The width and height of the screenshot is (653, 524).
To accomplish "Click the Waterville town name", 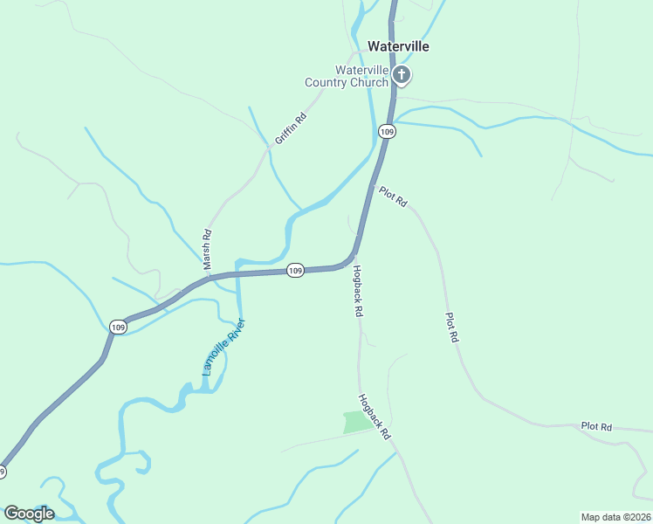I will pyautogui.click(x=398, y=46).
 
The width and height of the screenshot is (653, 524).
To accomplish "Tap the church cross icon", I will pyautogui.click(x=402, y=75).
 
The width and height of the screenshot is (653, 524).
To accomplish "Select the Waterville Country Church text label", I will pyautogui.click(x=347, y=76).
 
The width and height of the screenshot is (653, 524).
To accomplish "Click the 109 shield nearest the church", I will pyautogui.click(x=388, y=131).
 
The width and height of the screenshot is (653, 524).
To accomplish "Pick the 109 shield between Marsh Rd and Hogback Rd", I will pyautogui.click(x=296, y=271).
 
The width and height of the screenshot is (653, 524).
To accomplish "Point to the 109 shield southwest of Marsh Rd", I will pyautogui.click(x=119, y=327).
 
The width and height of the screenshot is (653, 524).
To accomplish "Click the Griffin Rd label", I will pyautogui.click(x=291, y=129).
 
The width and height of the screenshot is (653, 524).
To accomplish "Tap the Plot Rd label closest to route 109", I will pyautogui.click(x=393, y=196).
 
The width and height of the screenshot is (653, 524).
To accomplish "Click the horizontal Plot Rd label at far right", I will pyautogui.click(x=596, y=427).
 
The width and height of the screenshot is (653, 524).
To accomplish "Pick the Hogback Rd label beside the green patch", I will pyautogui.click(x=373, y=416).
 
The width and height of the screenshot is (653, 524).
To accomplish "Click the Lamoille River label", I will pyautogui.click(x=224, y=347).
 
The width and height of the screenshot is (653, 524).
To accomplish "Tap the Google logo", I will pyautogui.click(x=29, y=514).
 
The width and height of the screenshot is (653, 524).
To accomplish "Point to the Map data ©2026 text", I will pyautogui.click(x=615, y=516).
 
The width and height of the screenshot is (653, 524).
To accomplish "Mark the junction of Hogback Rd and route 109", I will pyautogui.click(x=354, y=259).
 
